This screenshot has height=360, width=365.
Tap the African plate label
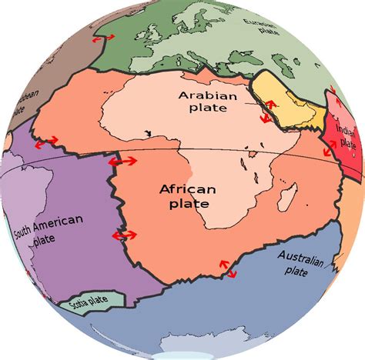pos(184,196)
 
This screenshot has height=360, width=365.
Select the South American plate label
pos(47,228)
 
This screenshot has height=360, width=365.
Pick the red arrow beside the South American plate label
pos(122,235)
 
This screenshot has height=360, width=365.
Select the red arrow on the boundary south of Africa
pos(229,267)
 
